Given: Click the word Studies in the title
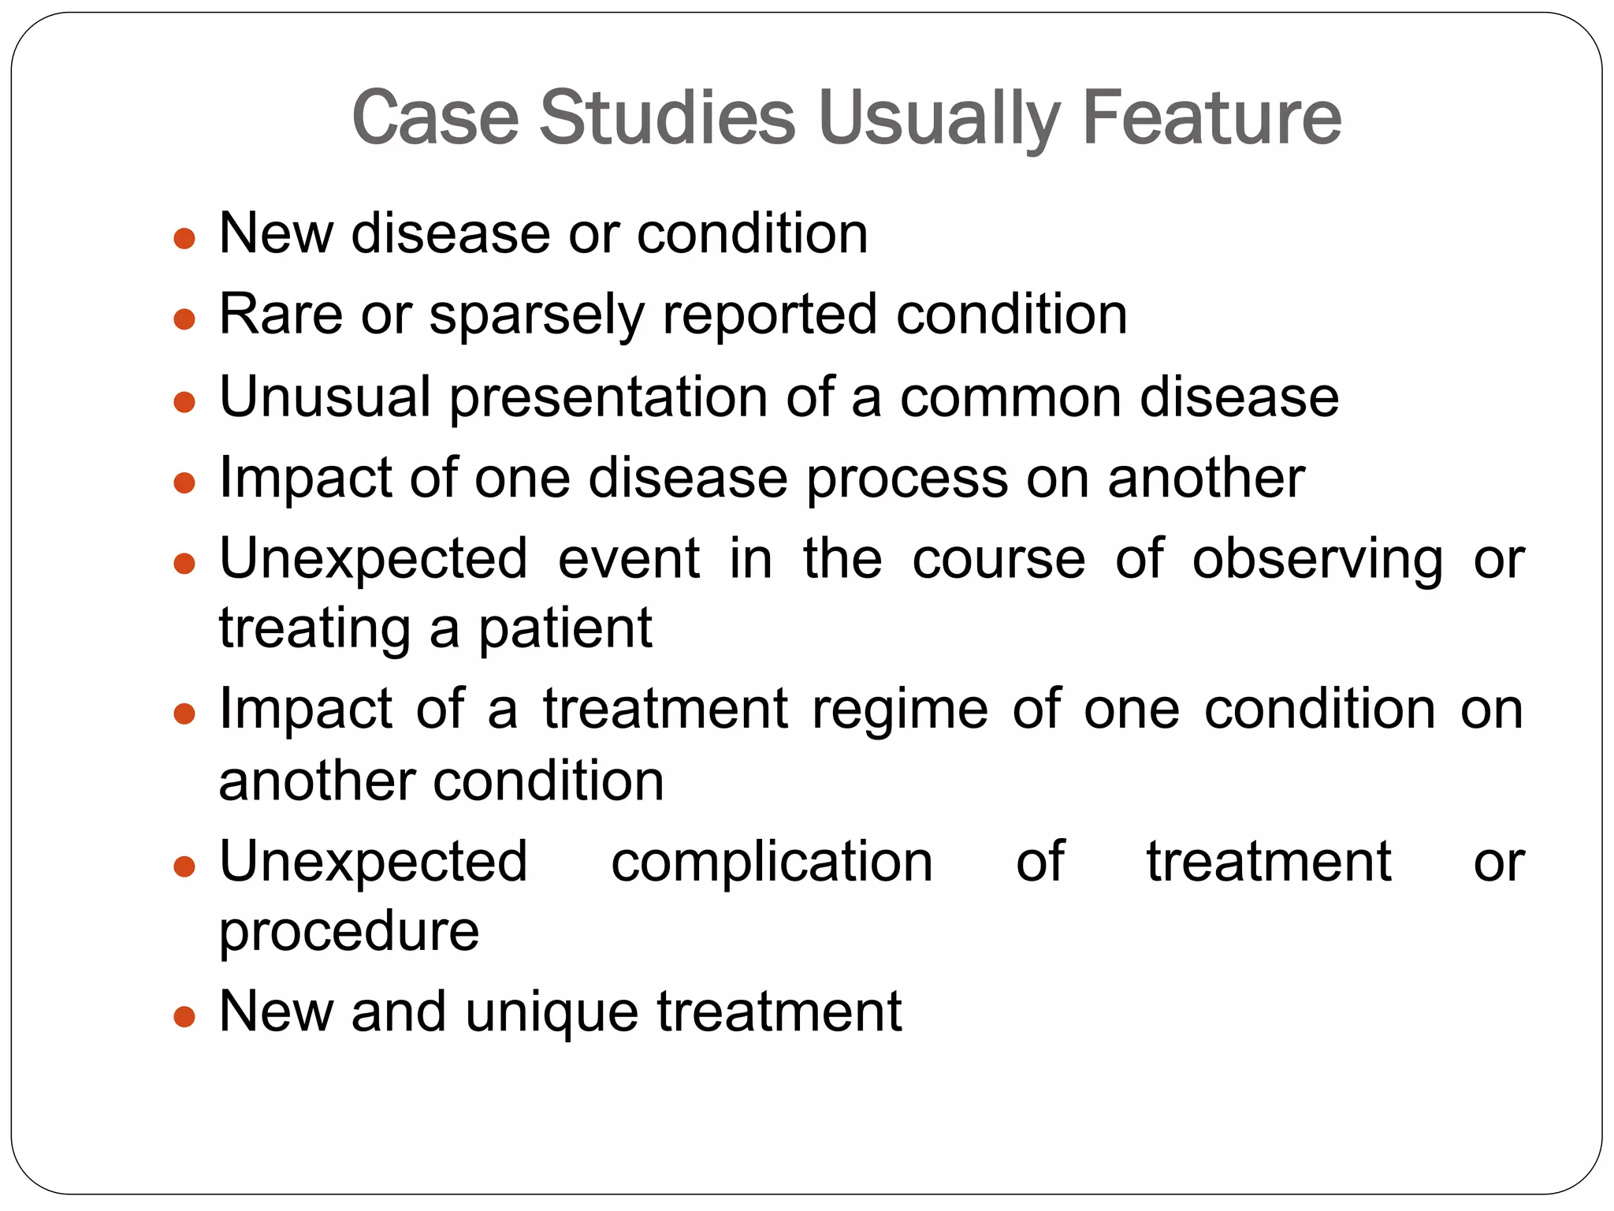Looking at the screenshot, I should (667, 118).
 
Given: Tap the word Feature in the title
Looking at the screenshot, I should (1212, 118).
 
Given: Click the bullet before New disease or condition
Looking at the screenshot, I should (184, 238).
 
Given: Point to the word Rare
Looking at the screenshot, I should (281, 315).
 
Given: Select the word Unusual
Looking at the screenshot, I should (325, 397).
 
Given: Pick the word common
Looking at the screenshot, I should (1011, 397).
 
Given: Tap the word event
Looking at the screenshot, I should (629, 559).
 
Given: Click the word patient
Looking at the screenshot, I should (565, 629).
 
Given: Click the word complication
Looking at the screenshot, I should (772, 862).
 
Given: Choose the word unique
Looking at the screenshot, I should (552, 1013).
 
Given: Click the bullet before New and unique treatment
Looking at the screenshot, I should (184, 1016).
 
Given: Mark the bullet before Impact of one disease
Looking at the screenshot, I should (184, 482).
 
